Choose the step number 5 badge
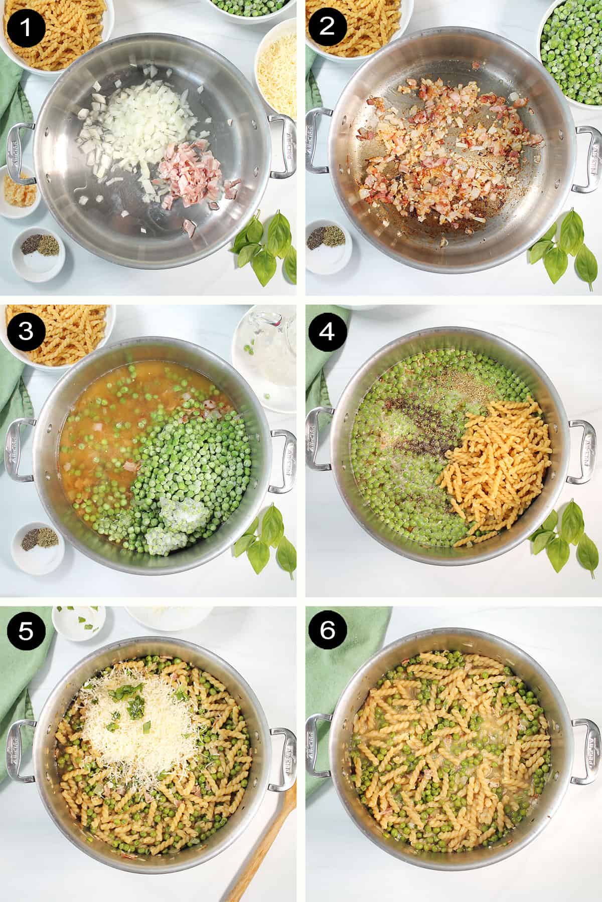pyautogui.click(x=25, y=630)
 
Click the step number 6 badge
pyautogui.click(x=327, y=630)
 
